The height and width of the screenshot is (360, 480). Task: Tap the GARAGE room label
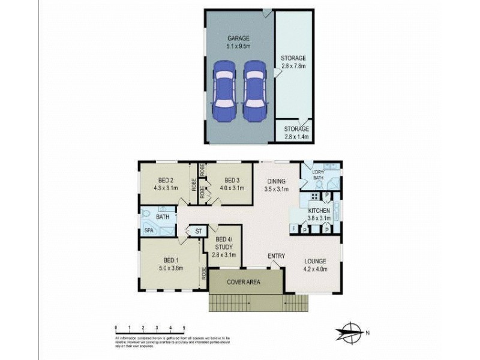(238, 42)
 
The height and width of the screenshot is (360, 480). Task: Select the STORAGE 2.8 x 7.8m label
(294, 62)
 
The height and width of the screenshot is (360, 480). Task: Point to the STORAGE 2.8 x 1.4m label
(296, 132)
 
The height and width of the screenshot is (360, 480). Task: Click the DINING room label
(276, 184)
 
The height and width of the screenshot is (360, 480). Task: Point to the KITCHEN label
(319, 215)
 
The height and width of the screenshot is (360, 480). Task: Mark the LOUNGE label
(314, 265)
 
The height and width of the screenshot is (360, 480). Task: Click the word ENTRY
(277, 256)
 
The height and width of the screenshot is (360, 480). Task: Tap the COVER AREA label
(243, 281)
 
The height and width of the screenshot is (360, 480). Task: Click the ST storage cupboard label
(199, 231)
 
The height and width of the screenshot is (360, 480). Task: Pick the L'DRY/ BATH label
(318, 176)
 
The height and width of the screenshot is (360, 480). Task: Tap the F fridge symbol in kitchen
(293, 229)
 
